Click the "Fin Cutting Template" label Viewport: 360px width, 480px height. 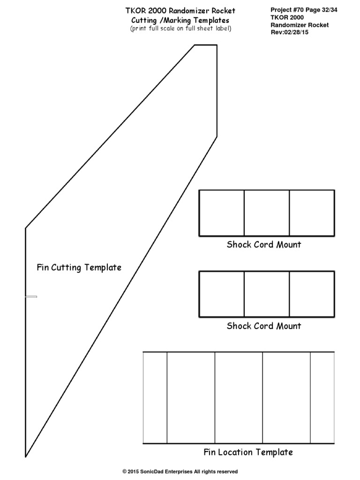(79, 267)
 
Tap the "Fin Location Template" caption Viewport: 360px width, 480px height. (248, 452)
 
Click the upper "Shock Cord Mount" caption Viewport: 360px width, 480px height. (264, 244)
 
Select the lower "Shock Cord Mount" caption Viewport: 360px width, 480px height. (264, 326)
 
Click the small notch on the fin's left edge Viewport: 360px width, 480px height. (31, 297)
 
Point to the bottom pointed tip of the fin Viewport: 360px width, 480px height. (25, 457)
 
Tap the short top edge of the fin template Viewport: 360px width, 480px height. (206, 45)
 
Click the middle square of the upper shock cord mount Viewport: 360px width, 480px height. (267, 213)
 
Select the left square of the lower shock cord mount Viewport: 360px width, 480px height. (222, 294)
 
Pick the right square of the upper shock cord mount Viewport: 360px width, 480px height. (312, 213)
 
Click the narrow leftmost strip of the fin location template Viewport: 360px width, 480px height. (155, 397)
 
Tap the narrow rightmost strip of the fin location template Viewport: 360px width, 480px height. (322, 397)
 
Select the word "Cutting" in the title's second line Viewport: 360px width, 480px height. (144, 21)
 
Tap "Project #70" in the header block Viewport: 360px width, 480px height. (287, 10)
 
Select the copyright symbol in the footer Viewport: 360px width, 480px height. (125, 472)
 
